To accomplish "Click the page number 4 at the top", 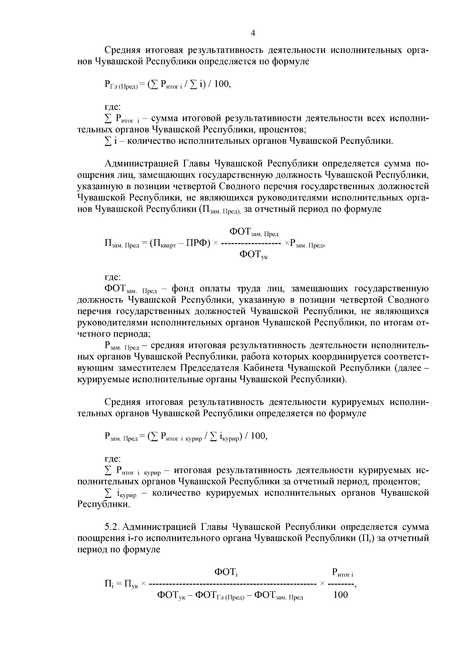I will tap(253, 33).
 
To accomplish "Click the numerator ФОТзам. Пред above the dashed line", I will tap(254, 232).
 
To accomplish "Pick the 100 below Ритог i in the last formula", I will tap(340, 595).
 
